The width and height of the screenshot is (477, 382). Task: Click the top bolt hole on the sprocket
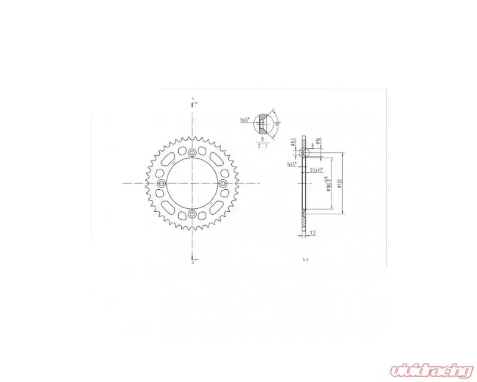pyautogui.click(x=191, y=154)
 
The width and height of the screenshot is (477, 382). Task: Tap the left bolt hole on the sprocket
pyautogui.click(x=160, y=183)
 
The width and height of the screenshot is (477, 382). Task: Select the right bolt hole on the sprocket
pyautogui.click(x=222, y=183)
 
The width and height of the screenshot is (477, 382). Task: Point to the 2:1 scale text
pyautogui.click(x=263, y=145)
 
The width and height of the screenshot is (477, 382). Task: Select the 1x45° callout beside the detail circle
pyautogui.click(x=244, y=120)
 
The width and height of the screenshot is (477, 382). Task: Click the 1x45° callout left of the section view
pyautogui.click(x=292, y=164)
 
